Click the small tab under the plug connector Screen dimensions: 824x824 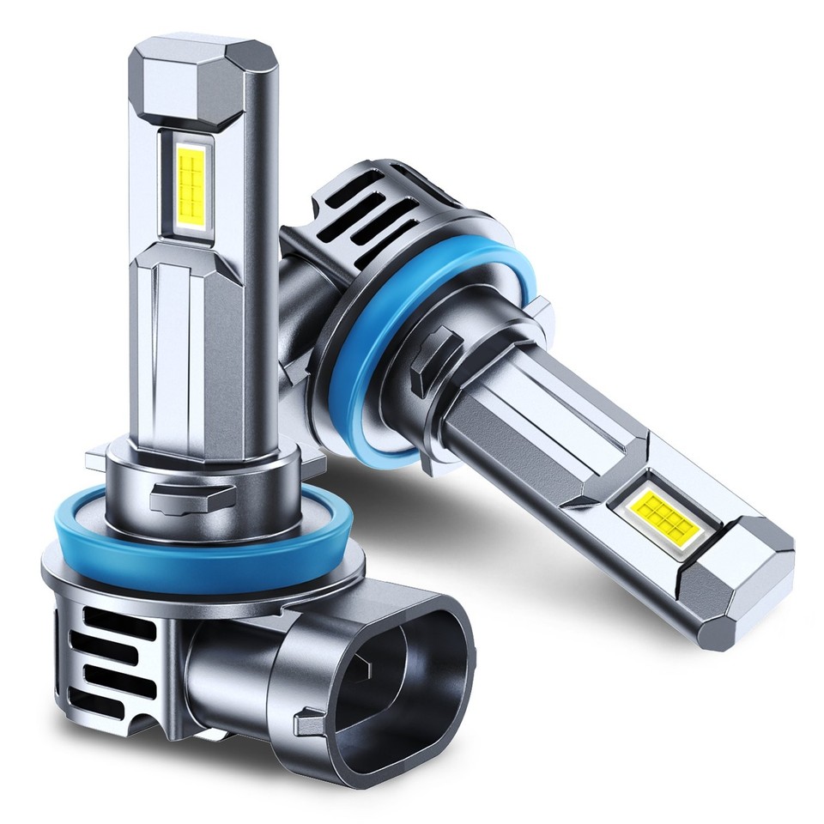point(306,723)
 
